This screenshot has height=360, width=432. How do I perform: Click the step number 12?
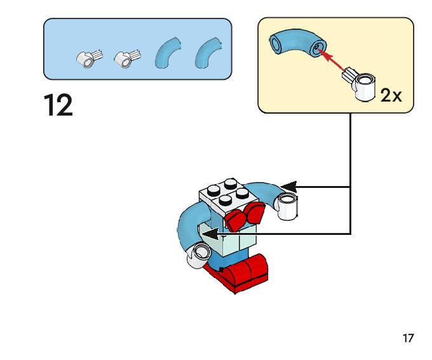tap(58, 105)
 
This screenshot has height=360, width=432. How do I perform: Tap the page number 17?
tap(408, 338)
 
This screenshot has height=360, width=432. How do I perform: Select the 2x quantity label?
tap(391, 95)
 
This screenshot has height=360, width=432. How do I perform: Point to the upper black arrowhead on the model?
tap(288, 186)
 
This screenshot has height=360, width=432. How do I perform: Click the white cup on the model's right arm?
tap(288, 207)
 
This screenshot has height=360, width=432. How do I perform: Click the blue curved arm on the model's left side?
tap(188, 229)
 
